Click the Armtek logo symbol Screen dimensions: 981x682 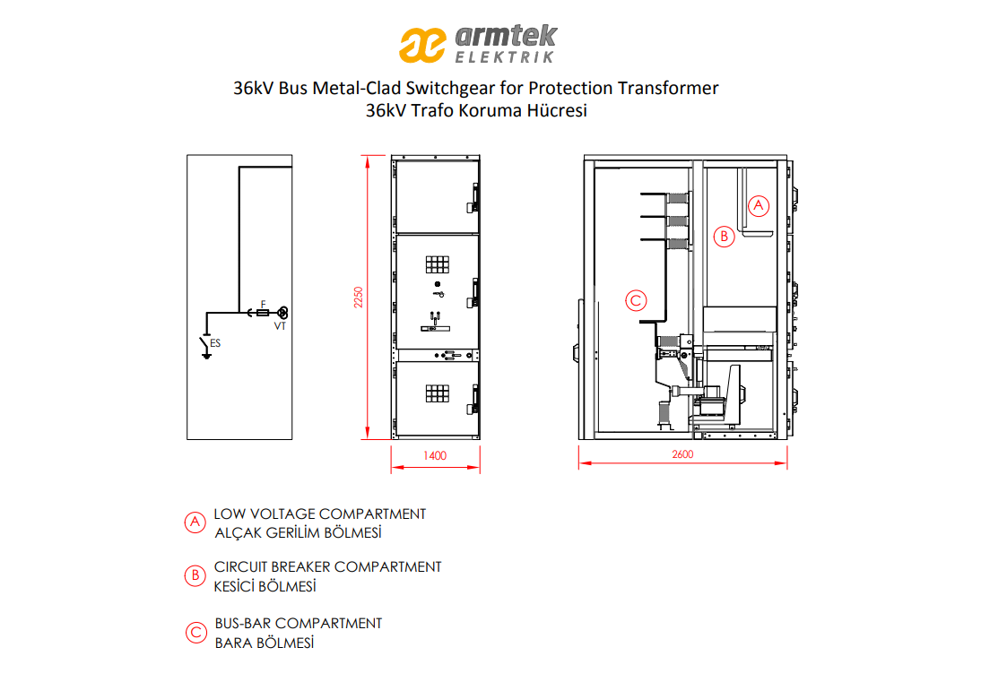[x=422, y=45]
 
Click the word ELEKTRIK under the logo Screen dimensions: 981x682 [x=504, y=56]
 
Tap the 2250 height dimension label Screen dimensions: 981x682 [x=359, y=297]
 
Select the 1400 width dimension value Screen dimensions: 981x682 [x=435, y=455]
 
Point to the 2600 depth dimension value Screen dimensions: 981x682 [x=682, y=454]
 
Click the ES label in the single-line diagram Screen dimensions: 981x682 [x=215, y=343]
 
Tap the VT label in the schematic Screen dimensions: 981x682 [x=280, y=326]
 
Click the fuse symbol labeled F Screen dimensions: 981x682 [x=263, y=312]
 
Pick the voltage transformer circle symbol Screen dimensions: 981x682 [x=282, y=312]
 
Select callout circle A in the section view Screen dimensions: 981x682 [x=759, y=205]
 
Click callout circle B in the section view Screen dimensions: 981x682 [x=724, y=237]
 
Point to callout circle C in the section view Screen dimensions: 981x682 [x=637, y=301]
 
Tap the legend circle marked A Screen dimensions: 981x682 [x=195, y=522]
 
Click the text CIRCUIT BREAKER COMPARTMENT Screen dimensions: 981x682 [x=328, y=567]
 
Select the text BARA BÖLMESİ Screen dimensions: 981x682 [x=264, y=643]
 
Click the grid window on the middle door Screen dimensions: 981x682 [x=438, y=264]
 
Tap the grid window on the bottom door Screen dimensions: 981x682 [x=438, y=393]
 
